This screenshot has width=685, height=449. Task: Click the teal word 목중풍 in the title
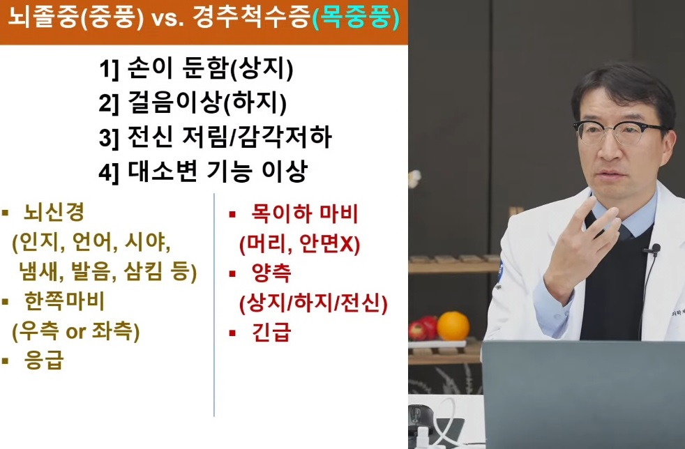point(356,19)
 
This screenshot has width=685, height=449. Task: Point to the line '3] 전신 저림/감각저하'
point(215,137)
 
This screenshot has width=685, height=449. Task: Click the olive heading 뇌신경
point(53,213)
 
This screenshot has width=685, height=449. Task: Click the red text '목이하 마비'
point(303,213)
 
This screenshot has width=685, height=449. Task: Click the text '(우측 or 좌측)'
point(76,331)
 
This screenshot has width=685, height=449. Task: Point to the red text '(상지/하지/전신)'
point(313,303)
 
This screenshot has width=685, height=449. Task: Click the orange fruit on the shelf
point(453,326)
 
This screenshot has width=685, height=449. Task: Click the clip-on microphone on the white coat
point(653,248)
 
